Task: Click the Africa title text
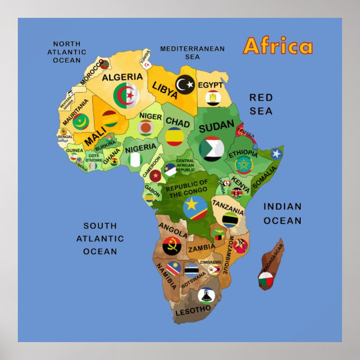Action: click(278, 46)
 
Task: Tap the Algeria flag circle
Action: click(126, 96)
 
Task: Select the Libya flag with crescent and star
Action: click(185, 84)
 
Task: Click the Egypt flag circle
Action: click(213, 98)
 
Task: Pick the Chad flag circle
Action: click(175, 136)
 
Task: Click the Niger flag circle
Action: click(146, 128)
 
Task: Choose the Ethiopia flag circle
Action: click(244, 165)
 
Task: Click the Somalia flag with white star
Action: click(276, 154)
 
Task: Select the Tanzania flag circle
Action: click(230, 220)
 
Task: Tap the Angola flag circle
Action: click(172, 246)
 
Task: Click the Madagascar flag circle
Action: click(266, 279)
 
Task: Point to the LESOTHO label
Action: click(193, 309)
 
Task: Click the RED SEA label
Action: click(261, 104)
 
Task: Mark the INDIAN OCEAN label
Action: click(282, 214)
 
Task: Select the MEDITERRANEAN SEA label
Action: click(192, 53)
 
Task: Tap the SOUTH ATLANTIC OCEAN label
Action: click(100, 238)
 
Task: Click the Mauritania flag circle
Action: click(80, 121)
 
